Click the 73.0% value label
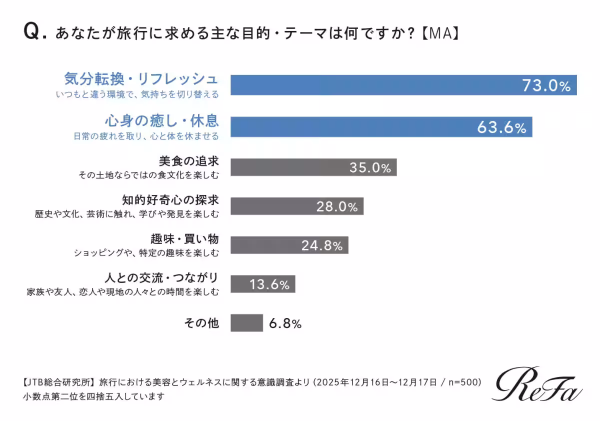click(x=546, y=86)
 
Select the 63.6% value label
click(x=501, y=128)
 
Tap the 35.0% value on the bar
click(x=370, y=168)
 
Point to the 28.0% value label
click(x=336, y=206)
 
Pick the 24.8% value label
click(x=321, y=245)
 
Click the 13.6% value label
click(x=269, y=285)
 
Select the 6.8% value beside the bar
click(x=285, y=323)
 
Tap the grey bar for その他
click(x=246, y=323)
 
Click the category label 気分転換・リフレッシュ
click(x=141, y=79)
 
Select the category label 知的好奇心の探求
click(x=170, y=200)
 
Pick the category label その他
click(x=202, y=323)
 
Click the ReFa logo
click(x=538, y=384)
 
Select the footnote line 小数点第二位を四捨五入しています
click(x=93, y=397)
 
